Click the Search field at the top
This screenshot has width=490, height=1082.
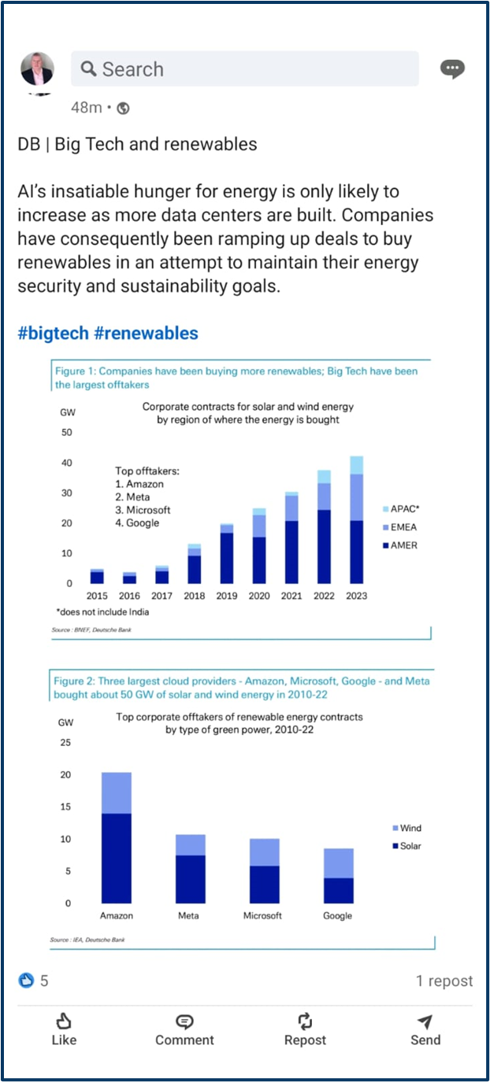point(244,69)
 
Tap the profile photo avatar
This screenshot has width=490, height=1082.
point(37,69)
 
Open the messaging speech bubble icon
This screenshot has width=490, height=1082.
point(452,69)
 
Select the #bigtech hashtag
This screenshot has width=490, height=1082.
point(53,333)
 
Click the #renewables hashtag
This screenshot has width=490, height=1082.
point(146,333)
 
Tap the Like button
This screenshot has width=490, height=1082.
point(64,1029)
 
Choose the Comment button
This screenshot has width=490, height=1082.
point(184,1029)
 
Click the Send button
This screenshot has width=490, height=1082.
point(425,1029)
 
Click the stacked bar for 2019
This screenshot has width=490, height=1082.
point(227,553)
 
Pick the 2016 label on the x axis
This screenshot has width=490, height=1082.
point(129,596)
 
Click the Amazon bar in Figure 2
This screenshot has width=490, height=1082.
point(117,838)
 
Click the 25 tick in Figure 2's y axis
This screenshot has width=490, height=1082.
point(65,743)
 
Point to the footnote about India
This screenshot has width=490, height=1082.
point(102,611)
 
